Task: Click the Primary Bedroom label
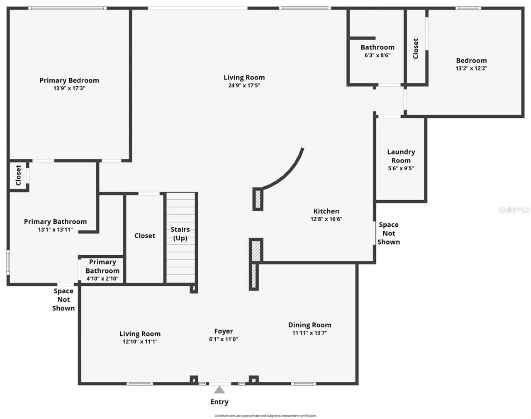coord(69,80)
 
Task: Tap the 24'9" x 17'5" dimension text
coord(244,85)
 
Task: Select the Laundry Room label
coord(401,156)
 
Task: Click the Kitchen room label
coord(326,211)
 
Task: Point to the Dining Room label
coord(309,325)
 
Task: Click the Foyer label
coord(223,331)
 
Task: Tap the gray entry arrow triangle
coord(219,390)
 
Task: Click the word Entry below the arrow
coord(219,402)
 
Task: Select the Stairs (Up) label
coord(180,234)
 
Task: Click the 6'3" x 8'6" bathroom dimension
coord(378,55)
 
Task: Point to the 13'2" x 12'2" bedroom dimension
coord(471,68)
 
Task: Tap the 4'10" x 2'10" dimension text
coord(102,279)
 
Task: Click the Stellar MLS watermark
coord(514,210)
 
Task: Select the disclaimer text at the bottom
coord(265,416)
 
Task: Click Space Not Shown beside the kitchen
coord(389,233)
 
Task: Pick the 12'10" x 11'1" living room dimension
coord(140,342)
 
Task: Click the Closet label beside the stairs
coord(145,235)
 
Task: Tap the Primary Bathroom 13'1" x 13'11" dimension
coord(55,229)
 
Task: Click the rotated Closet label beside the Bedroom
coord(416,48)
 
